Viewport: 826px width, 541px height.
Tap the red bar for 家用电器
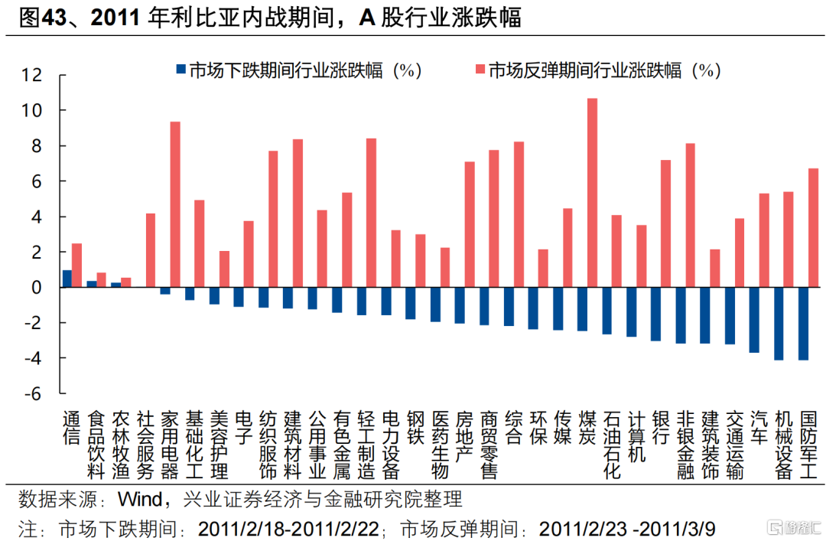(x=175, y=204)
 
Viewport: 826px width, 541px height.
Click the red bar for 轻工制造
(x=372, y=213)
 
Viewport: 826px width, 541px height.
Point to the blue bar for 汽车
(x=754, y=320)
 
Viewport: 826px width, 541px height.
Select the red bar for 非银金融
(x=691, y=215)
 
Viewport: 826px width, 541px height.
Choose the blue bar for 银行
(x=655, y=314)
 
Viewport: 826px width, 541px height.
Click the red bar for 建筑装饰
(x=715, y=268)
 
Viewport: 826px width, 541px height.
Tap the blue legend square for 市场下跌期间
(x=180, y=70)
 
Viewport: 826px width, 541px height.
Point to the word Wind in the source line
(x=138, y=500)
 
